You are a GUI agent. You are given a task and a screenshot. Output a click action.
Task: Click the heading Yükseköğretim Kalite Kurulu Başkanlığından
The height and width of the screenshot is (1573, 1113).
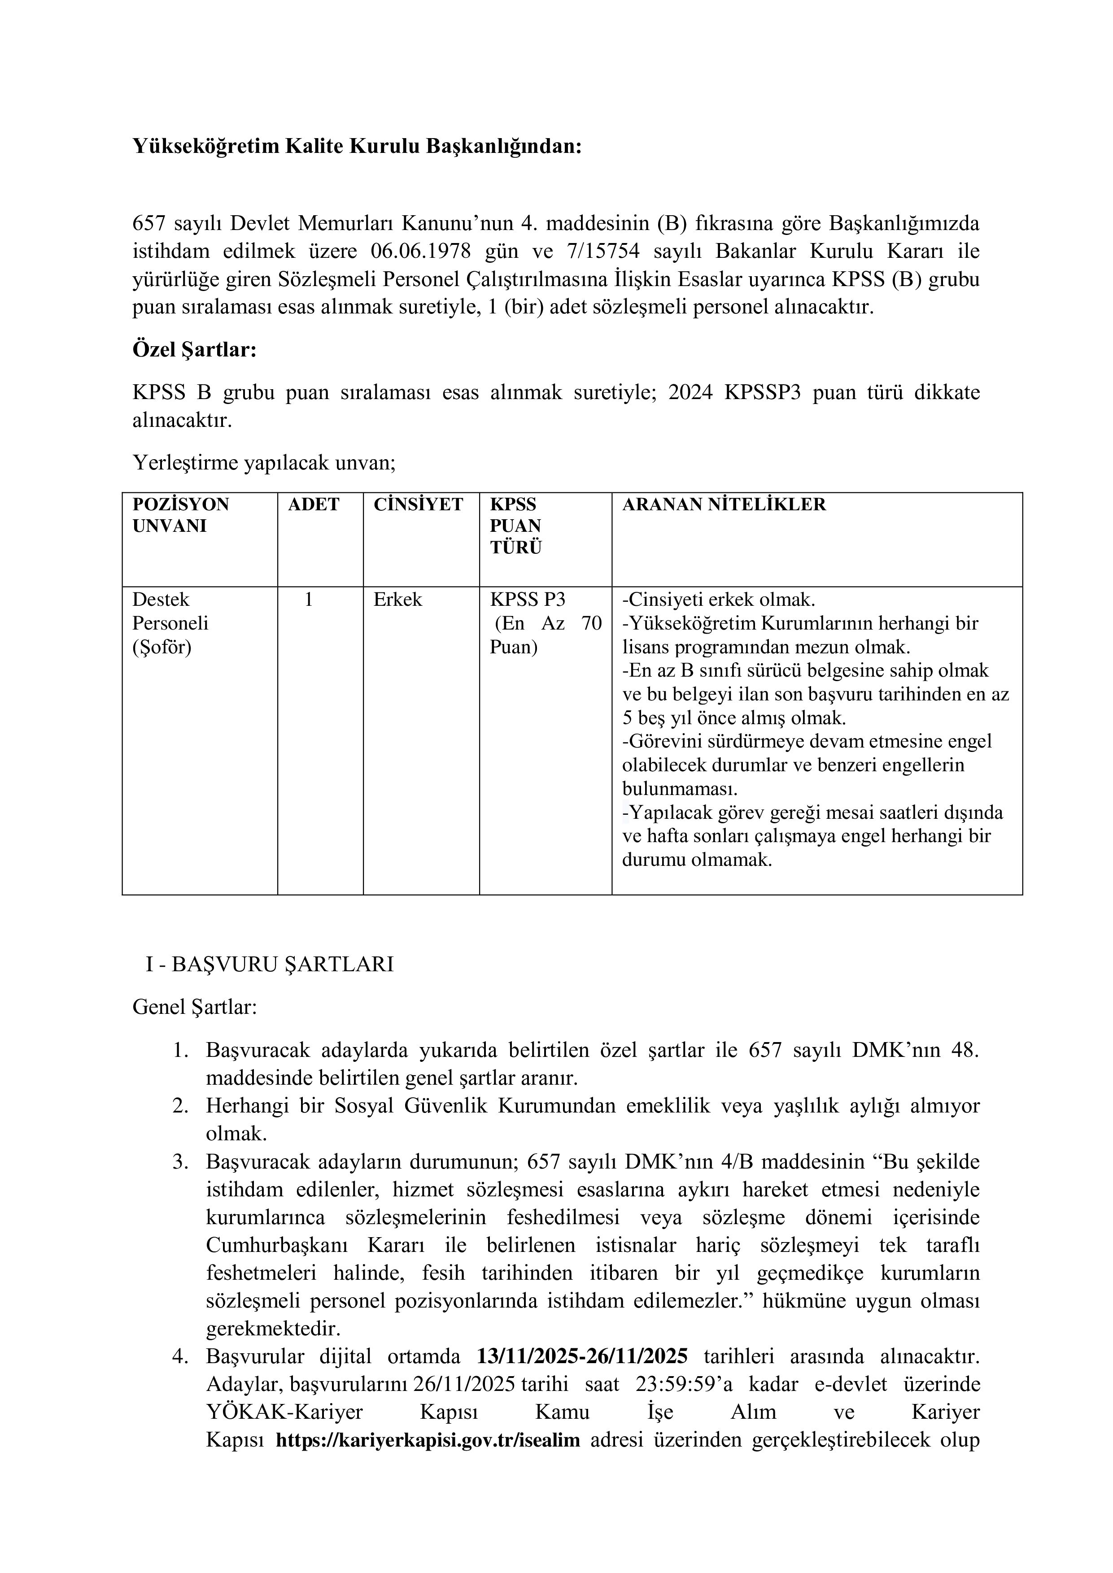coord(356,147)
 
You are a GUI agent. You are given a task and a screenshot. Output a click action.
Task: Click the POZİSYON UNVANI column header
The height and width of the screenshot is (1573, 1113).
coord(181,515)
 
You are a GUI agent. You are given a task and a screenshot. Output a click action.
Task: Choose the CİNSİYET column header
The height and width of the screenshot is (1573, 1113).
coord(418,505)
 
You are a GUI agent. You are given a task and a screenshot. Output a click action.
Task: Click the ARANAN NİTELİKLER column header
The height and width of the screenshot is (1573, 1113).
coord(724,505)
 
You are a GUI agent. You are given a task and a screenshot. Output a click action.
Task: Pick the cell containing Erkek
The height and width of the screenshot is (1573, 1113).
coord(397,600)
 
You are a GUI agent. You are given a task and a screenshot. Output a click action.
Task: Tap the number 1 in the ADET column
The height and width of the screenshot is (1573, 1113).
coord(308,600)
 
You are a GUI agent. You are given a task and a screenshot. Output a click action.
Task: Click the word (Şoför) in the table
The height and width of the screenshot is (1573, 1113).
coord(162,647)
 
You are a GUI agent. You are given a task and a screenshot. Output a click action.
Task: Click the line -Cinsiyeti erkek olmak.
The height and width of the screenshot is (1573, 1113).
coord(718,600)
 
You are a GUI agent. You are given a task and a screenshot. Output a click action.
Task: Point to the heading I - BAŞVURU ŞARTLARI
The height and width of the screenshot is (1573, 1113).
coord(269,965)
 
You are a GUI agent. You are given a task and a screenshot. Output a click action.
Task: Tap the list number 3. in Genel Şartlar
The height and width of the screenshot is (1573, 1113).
coord(180,1162)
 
